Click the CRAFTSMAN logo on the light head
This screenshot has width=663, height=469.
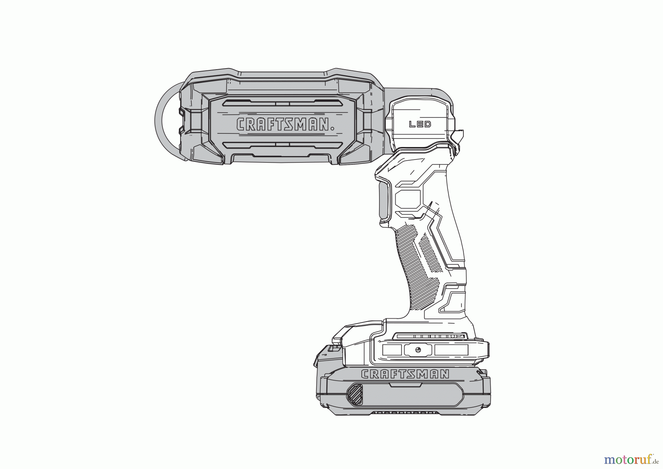[x=285, y=124]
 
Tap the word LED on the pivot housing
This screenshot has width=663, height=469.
[x=420, y=124]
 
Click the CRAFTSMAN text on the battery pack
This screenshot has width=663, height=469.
[x=405, y=374]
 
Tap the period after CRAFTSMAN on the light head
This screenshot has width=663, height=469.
[x=333, y=129]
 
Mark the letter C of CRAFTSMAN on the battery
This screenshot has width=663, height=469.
[x=366, y=374]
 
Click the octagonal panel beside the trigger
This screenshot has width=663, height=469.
[x=408, y=200]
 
